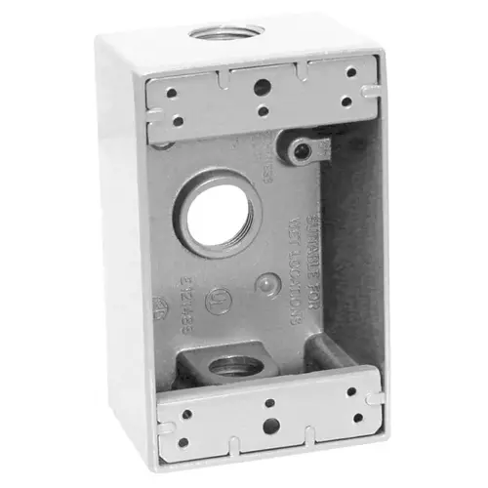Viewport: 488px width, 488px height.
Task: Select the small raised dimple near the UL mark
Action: [264, 284]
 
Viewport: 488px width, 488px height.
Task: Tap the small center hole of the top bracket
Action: [264, 106]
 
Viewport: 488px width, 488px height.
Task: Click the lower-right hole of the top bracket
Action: [344, 102]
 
